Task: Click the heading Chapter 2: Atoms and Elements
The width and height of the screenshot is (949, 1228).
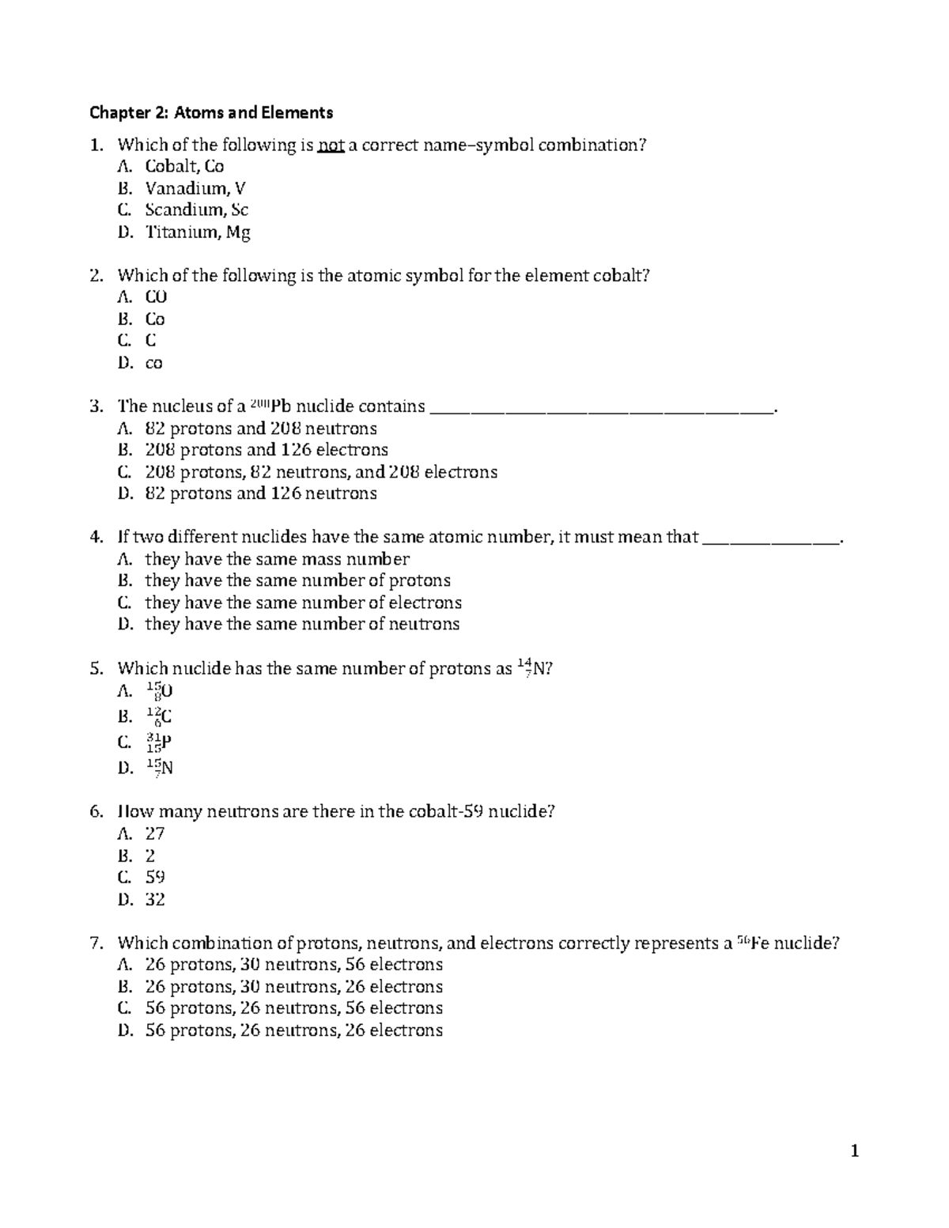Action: [211, 112]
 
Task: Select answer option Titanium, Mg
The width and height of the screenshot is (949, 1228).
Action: [197, 232]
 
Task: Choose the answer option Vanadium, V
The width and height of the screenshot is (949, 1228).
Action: [195, 188]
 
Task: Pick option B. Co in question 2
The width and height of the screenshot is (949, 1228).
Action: [154, 319]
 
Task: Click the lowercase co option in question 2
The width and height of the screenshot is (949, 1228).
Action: [153, 364]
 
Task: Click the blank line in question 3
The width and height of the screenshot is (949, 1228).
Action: [602, 408]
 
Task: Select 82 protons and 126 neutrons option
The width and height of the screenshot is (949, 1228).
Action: [260, 494]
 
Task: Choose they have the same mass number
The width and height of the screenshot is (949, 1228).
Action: [277, 560]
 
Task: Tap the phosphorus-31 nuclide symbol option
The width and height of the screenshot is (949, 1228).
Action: [159, 742]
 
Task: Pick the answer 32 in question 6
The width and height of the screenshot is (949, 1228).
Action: [155, 900]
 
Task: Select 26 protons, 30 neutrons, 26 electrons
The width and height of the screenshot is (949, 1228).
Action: [293, 987]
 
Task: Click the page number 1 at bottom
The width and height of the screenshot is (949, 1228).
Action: [854, 1151]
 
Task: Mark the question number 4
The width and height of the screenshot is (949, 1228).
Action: [96, 538]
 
